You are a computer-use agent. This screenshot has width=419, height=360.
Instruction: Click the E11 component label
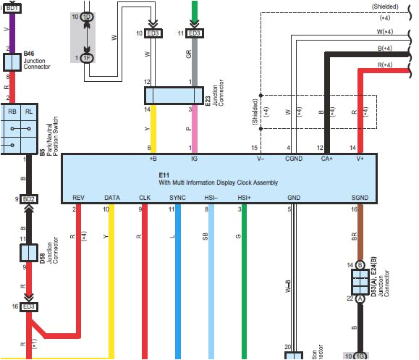[164, 174]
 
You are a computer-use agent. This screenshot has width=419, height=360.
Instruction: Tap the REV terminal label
[79, 197]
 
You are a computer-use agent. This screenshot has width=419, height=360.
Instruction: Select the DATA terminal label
[112, 197]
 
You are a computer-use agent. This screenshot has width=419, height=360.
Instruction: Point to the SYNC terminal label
[177, 197]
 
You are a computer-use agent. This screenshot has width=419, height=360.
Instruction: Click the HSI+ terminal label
[244, 197]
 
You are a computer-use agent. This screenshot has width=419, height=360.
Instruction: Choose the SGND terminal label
[359, 197]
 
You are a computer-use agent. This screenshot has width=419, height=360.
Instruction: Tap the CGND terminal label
[293, 158]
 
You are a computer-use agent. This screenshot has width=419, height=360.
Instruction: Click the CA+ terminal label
[326, 158]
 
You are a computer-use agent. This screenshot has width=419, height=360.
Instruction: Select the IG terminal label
[193, 158]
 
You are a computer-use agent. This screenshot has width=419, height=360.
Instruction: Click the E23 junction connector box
[172, 96]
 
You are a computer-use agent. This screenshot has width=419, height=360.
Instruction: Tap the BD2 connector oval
[29, 198]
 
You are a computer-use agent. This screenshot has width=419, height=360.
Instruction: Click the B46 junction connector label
[29, 54]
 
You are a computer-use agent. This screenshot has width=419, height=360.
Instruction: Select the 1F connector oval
[87, 58]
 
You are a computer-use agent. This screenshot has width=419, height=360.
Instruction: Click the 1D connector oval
[87, 16]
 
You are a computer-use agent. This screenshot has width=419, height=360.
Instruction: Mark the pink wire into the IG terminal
[193, 130]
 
